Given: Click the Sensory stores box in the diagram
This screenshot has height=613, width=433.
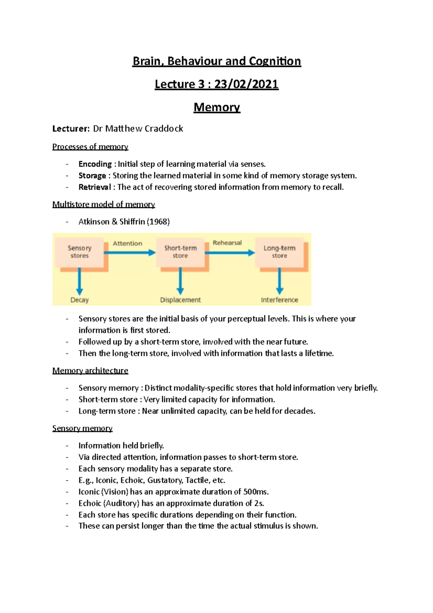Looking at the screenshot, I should [x=79, y=252].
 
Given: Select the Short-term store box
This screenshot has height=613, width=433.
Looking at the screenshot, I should [x=180, y=252].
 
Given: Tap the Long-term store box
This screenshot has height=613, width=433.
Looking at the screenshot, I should [x=279, y=252].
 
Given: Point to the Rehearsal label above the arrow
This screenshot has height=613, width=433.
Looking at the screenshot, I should [x=227, y=243].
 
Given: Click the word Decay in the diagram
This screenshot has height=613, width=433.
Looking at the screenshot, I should [x=79, y=300].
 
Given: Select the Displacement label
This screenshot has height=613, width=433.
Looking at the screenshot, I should [x=180, y=300].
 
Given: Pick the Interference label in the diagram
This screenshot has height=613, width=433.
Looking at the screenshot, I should [x=279, y=300].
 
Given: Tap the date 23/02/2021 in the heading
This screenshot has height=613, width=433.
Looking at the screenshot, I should [x=246, y=84].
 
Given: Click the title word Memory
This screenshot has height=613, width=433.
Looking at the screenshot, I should [x=216, y=107].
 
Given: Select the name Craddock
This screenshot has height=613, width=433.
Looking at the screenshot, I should [x=164, y=129].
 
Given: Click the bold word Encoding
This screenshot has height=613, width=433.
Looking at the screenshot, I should [x=95, y=164].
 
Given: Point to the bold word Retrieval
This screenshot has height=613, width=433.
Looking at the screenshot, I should [x=95, y=187].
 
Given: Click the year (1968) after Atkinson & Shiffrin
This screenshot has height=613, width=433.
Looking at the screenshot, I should [x=158, y=222].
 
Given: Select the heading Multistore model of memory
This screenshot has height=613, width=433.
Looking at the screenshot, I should [x=104, y=204].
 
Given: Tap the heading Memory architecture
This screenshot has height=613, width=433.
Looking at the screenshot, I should [x=90, y=371].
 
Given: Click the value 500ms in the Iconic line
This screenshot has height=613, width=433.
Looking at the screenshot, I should [x=256, y=492].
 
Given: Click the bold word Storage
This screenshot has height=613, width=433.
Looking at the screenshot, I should [x=92, y=176].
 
